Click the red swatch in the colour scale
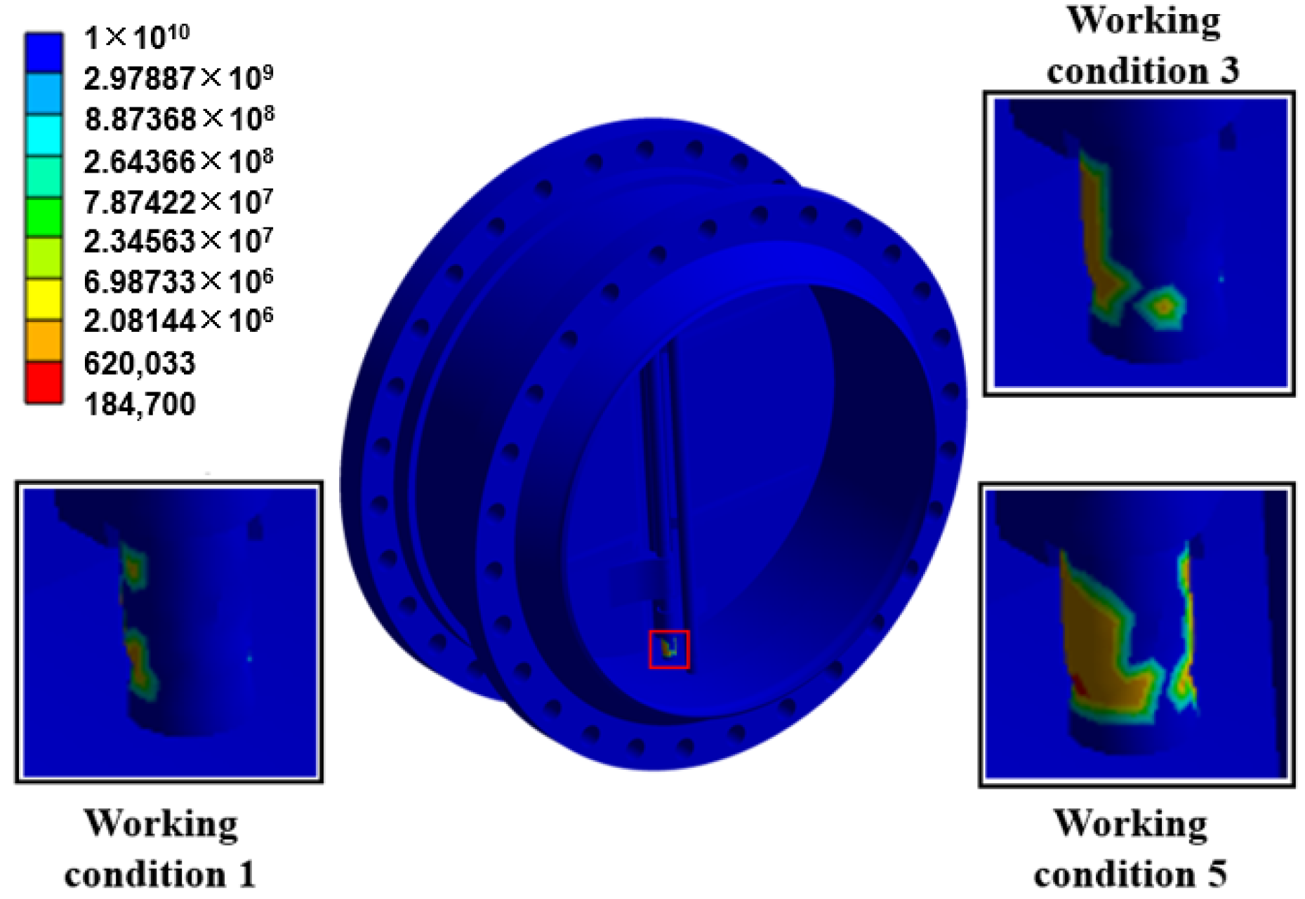[x=44, y=382]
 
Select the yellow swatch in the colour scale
[x=44, y=300]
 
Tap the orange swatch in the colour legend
[x=44, y=341]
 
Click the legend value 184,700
[x=140, y=404]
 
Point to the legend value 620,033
[x=140, y=364]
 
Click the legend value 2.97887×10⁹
[x=178, y=77]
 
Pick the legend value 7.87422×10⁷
[x=178, y=202]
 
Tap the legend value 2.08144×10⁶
[x=178, y=321]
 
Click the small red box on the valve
[x=669, y=649]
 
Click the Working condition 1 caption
[x=161, y=849]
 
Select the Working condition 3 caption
[x=1143, y=46]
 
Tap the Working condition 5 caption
[x=1130, y=849]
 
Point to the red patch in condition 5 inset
[x=1079, y=684]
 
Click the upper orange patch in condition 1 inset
[x=133, y=566]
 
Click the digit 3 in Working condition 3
[x=1228, y=71]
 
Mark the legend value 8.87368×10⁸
[x=179, y=119]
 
